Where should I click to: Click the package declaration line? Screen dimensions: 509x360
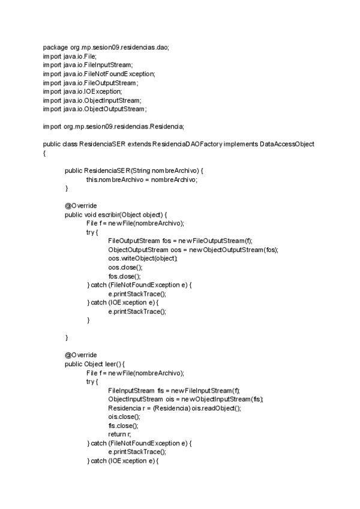[106, 47]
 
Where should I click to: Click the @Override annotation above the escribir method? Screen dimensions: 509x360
[80, 206]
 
